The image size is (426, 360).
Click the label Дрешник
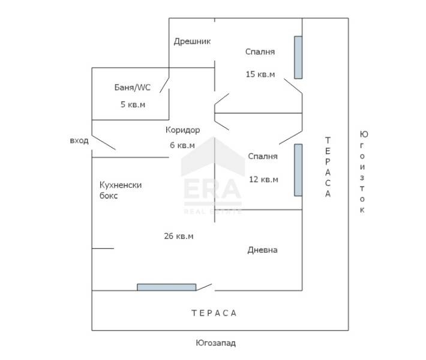click(x=192, y=41)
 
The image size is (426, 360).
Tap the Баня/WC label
click(x=133, y=88)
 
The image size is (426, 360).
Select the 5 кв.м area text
click(x=133, y=104)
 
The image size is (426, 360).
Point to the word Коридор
click(x=182, y=130)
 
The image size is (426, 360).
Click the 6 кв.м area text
click(x=182, y=145)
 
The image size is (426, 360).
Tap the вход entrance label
click(x=79, y=141)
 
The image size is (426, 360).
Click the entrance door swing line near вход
click(x=104, y=142)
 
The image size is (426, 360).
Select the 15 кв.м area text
click(x=260, y=74)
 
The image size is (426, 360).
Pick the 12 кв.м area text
click(x=263, y=179)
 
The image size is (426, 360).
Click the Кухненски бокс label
click(x=121, y=190)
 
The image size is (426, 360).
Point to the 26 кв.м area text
click(x=178, y=236)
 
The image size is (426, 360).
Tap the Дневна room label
click(x=262, y=250)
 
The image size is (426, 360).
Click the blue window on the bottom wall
click(x=167, y=287)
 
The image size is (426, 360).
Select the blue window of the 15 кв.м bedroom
click(x=298, y=58)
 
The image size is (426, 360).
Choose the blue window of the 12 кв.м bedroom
click(x=298, y=170)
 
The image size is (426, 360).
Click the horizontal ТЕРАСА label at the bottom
click(x=214, y=313)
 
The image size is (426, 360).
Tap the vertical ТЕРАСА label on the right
click(x=328, y=167)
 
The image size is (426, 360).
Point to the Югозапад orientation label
click(x=216, y=343)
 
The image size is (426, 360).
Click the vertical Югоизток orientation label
click(x=363, y=172)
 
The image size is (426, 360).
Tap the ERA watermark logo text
click(x=213, y=189)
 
